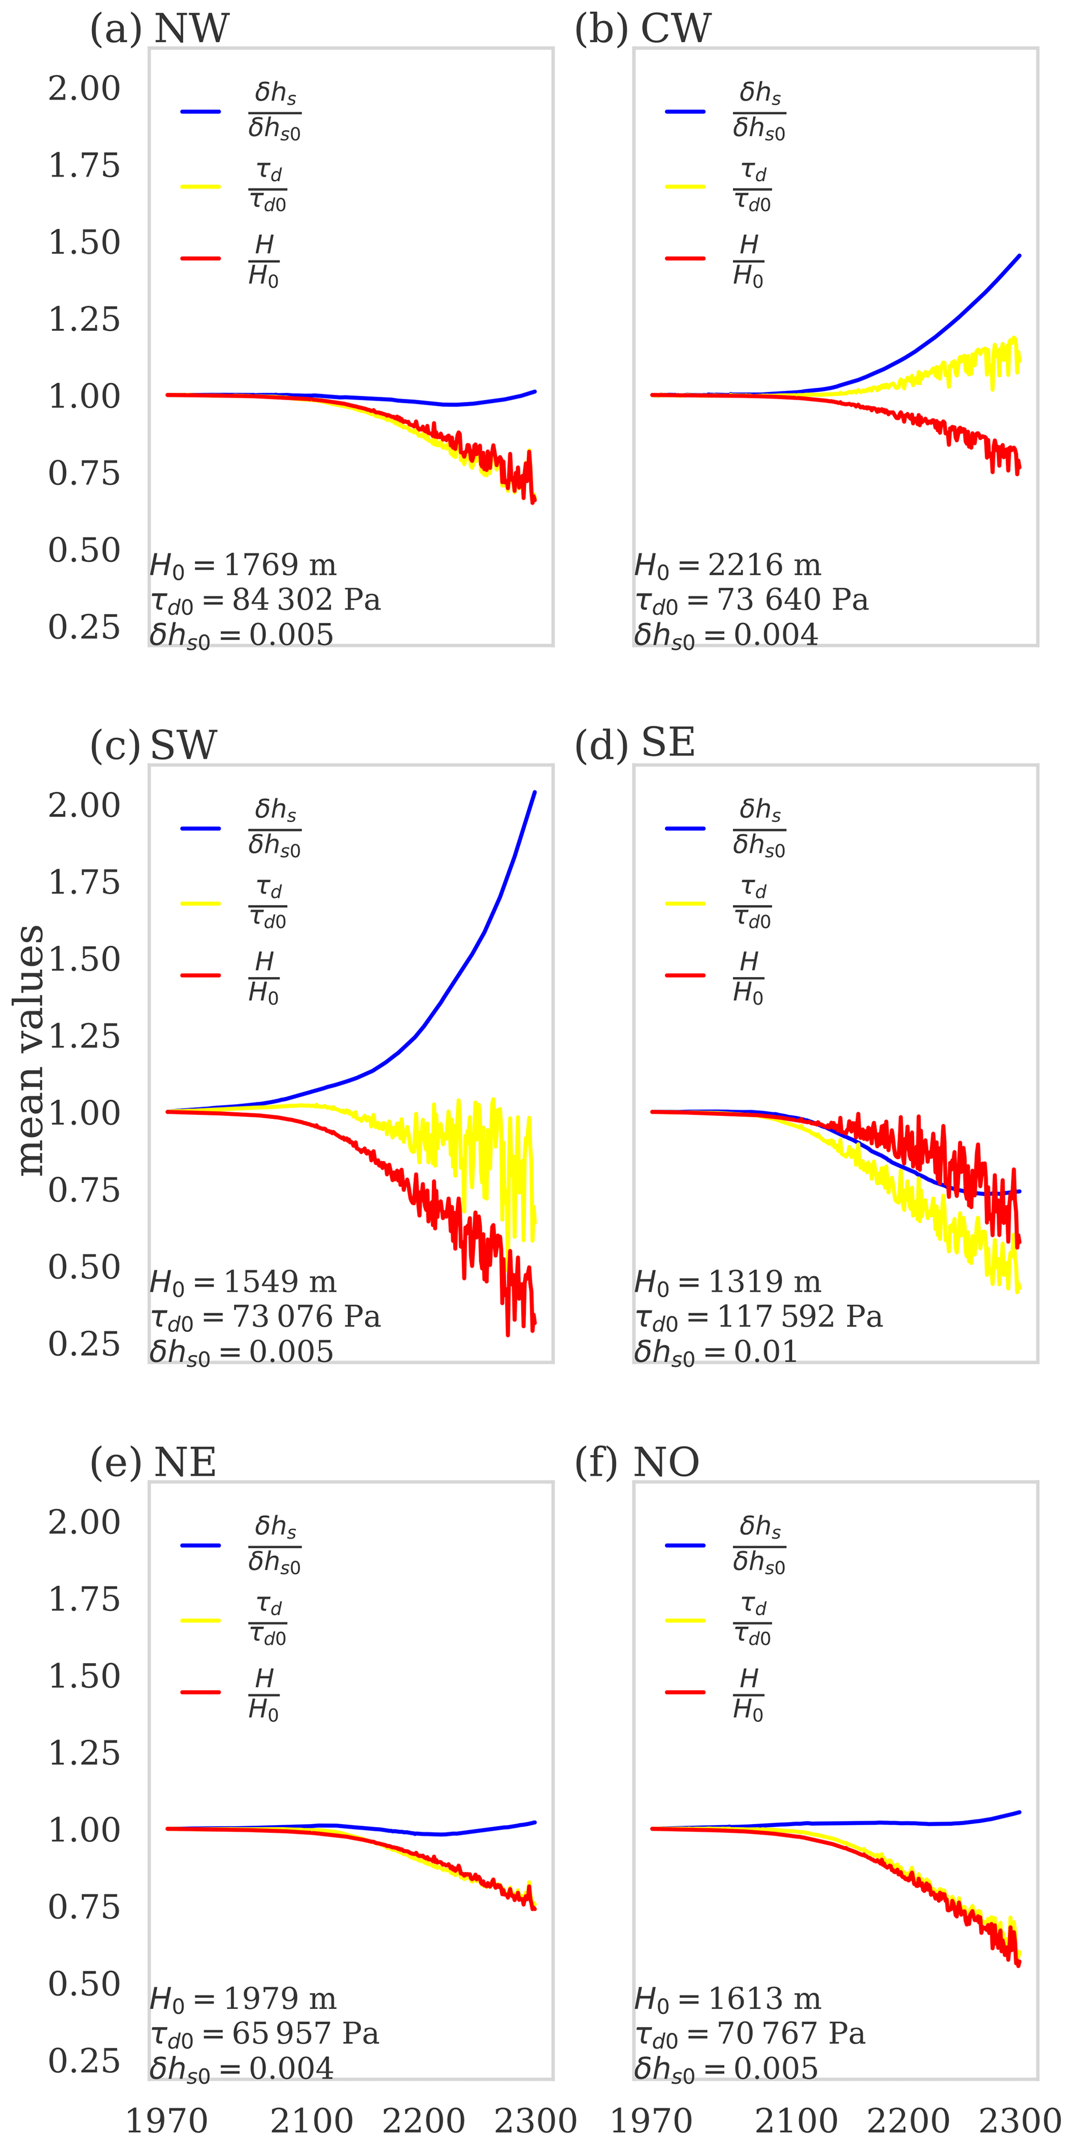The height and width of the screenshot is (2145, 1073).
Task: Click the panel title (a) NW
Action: (x=159, y=29)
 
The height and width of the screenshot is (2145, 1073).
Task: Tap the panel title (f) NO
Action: (x=637, y=1461)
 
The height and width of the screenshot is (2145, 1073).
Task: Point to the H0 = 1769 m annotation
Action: (x=243, y=565)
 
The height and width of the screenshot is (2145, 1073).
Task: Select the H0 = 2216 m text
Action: (x=728, y=565)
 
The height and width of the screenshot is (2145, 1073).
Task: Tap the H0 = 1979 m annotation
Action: (x=243, y=1999)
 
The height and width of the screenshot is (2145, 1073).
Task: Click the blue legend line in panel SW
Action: (x=200, y=829)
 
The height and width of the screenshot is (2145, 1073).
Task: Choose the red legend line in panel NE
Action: (x=200, y=1692)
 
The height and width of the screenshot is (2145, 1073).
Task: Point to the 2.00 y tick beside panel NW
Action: (x=84, y=88)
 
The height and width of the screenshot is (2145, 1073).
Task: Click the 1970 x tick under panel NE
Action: (x=167, y=2121)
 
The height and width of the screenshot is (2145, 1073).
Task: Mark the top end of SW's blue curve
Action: (x=534, y=792)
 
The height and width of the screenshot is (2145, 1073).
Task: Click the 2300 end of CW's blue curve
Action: (x=1020, y=255)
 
